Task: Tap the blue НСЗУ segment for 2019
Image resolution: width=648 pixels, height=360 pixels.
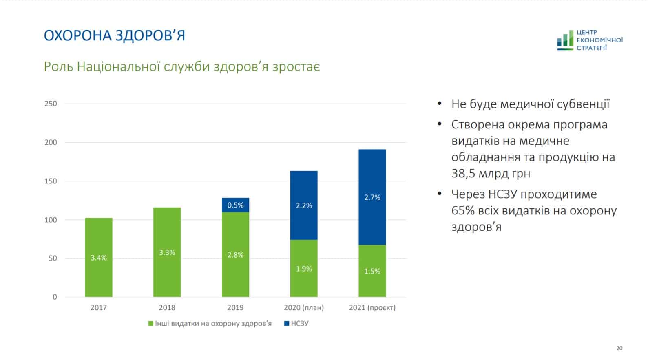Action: tap(235, 205)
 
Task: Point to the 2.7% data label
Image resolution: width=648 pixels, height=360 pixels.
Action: tap(372, 197)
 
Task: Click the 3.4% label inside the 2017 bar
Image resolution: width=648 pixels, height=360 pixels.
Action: tap(99, 258)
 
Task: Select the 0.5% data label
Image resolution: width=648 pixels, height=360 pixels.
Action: tap(235, 205)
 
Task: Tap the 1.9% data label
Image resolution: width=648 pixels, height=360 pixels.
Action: tap(304, 269)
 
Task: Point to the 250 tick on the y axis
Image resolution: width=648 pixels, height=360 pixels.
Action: tap(51, 104)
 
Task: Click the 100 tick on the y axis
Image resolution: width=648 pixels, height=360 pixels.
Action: tap(51, 220)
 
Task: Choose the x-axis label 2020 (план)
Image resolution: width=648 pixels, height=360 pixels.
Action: tap(304, 307)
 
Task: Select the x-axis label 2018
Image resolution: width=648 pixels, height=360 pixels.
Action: tap(167, 307)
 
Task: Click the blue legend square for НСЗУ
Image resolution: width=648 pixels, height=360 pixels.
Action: tap(287, 324)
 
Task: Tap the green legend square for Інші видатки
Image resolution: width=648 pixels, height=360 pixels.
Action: tap(151, 324)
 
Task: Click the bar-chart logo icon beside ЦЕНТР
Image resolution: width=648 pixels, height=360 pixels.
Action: tap(565, 40)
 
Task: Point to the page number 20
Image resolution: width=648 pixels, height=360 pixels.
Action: tap(619, 348)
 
